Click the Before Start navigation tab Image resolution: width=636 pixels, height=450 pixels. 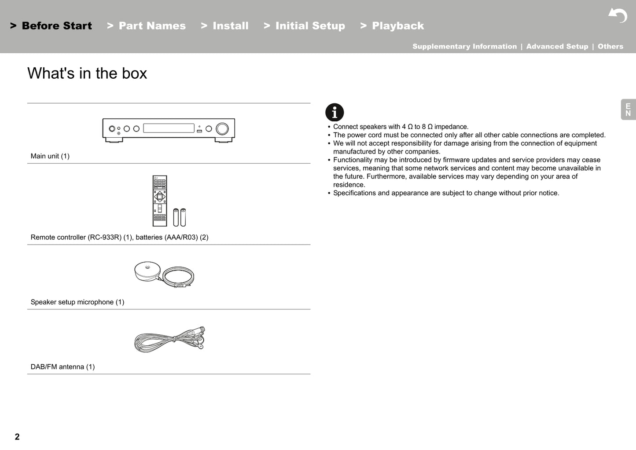[51, 26]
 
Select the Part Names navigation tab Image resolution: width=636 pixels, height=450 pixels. [147, 26]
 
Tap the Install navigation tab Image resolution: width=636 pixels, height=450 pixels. [225, 26]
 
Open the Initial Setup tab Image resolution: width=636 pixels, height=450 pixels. [305, 26]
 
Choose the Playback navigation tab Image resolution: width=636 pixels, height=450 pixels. [392, 26]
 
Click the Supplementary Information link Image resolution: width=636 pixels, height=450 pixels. [464, 47]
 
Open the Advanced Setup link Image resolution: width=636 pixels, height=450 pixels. [557, 47]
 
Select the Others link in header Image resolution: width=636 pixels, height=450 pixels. [610, 47]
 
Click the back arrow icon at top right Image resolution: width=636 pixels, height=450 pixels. [618, 15]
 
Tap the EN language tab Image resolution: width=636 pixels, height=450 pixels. [628, 110]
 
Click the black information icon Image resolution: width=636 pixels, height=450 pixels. [335, 113]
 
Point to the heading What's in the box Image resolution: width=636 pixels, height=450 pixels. [87, 73]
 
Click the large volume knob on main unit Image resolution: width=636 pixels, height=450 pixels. [222, 128]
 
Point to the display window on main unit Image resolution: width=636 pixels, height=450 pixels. [169, 128]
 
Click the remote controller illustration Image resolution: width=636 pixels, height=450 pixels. [160, 201]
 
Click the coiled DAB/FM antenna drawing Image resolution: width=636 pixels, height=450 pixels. [169, 340]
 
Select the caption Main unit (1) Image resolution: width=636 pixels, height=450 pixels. [50, 156]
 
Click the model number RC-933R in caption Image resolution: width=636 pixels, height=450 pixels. [104, 238]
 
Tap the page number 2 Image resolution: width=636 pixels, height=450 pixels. [17, 437]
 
